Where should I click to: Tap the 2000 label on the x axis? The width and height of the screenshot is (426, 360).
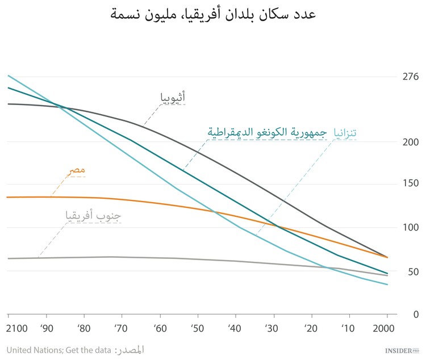click(387, 329)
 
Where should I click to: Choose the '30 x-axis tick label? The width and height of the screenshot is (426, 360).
click(272, 329)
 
